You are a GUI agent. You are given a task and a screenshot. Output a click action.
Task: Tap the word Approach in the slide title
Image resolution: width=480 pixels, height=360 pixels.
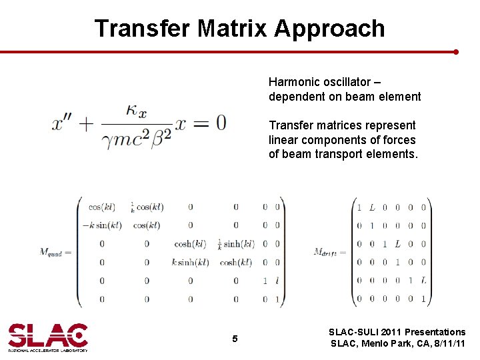click(329, 29)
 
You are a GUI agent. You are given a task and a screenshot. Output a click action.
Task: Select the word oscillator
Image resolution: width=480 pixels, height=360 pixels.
click(349, 82)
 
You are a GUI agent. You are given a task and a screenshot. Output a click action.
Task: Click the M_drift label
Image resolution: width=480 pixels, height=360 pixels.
click(329, 252)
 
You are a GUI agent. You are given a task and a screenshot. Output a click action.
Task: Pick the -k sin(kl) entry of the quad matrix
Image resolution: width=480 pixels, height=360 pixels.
click(102, 225)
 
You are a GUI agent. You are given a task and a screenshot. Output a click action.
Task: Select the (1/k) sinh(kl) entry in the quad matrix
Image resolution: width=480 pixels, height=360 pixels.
click(235, 243)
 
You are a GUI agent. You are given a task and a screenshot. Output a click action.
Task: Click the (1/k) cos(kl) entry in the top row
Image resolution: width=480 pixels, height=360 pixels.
click(147, 207)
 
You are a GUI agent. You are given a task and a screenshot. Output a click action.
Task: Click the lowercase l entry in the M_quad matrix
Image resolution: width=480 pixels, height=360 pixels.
click(277, 281)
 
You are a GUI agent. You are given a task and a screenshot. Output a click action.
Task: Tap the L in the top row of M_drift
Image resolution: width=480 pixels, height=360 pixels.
click(372, 207)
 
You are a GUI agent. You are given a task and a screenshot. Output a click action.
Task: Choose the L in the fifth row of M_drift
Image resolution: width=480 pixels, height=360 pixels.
click(423, 281)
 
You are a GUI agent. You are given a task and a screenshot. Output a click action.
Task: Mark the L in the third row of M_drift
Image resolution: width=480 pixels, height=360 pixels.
click(397, 244)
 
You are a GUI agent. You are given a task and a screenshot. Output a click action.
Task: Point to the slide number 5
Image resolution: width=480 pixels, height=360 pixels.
click(235, 339)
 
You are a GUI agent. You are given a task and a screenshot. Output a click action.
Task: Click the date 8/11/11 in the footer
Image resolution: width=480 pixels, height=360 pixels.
click(448, 344)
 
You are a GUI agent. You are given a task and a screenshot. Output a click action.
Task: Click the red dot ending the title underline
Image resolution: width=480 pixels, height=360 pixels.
click(456, 51)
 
